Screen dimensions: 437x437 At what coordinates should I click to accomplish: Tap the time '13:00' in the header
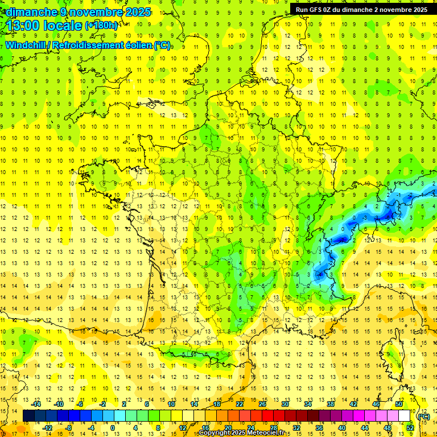click(23, 26)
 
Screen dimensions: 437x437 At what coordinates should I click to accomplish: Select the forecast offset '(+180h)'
click(101, 26)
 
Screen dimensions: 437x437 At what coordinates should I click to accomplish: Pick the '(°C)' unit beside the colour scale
click(424, 417)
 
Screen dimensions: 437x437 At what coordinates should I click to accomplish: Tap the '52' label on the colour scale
click(410, 428)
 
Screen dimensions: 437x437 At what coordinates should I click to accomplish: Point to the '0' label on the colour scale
click(112, 428)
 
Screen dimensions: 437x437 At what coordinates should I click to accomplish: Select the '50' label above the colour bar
click(398, 404)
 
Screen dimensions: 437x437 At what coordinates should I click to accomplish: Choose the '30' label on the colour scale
click(285, 404)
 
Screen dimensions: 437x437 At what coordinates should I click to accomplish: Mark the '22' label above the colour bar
click(240, 404)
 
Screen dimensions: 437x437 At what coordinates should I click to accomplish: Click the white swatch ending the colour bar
click(405, 416)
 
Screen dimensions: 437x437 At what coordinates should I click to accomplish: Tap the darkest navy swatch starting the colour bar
click(29, 416)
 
